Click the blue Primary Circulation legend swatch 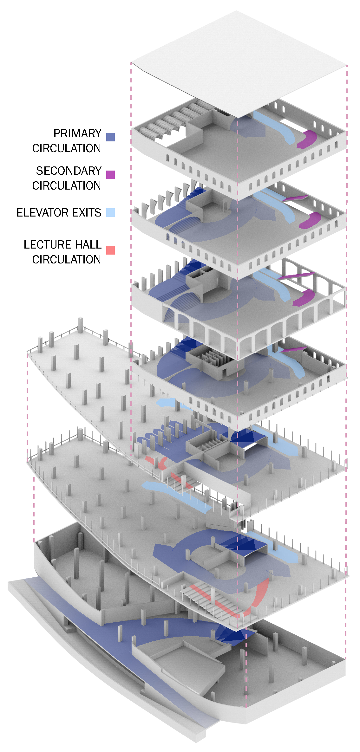110,137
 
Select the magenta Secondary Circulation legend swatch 110,175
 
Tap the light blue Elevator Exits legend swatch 110,212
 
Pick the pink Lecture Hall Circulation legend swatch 110,250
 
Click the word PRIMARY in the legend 77,133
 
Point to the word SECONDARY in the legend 69,171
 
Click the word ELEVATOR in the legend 43,212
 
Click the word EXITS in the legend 87,212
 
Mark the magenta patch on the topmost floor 307,139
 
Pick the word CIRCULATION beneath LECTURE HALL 67,260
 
